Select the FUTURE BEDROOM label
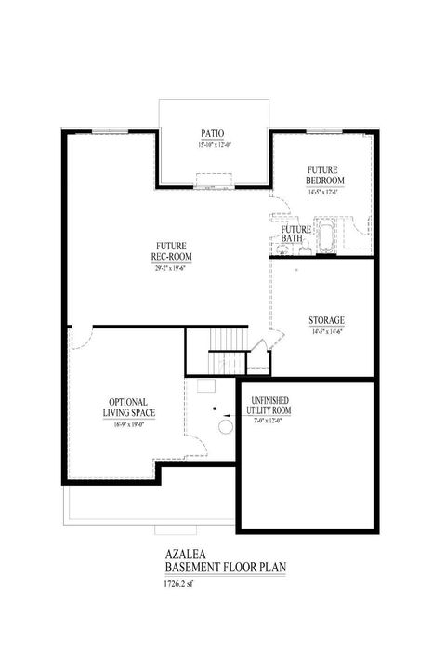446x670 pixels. click(x=326, y=174)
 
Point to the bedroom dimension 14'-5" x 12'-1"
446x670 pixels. click(x=326, y=192)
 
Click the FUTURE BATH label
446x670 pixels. click(x=295, y=234)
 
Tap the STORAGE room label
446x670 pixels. click(x=327, y=321)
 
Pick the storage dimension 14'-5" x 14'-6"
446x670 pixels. click(x=327, y=332)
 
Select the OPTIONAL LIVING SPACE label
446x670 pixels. click(x=130, y=405)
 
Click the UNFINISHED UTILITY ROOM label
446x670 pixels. click(x=272, y=405)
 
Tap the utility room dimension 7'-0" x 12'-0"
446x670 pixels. click(x=272, y=420)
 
